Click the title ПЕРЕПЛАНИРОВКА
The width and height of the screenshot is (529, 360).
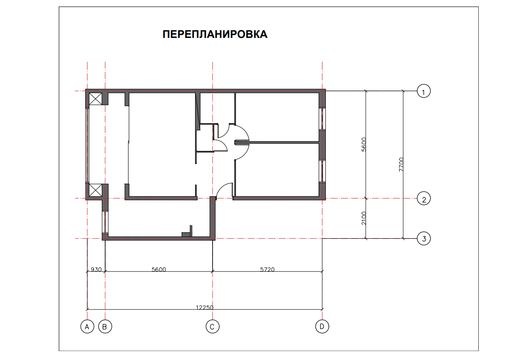click(215, 35)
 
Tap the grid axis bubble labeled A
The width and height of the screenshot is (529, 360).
click(87, 327)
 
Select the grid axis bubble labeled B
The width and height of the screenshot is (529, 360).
click(105, 327)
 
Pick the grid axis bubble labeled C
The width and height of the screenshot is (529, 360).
click(212, 327)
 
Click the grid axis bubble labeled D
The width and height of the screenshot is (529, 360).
click(322, 326)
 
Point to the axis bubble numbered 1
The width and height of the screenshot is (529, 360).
click(424, 91)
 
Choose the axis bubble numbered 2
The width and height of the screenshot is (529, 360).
click(424, 199)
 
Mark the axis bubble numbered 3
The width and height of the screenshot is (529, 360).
click(424, 239)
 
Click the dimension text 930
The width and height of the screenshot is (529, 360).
click(96, 270)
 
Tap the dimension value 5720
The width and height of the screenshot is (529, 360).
click(267, 270)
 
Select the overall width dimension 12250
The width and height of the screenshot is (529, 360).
click(205, 307)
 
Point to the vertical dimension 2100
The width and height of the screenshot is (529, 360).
click(364, 218)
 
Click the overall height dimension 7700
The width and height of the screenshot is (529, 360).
click(401, 164)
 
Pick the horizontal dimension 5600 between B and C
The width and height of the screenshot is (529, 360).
click(159, 270)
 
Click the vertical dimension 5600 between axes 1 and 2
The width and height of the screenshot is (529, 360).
click(364, 144)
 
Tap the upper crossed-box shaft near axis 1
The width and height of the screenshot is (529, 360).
click(95, 99)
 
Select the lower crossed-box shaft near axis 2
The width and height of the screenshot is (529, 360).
click(95, 190)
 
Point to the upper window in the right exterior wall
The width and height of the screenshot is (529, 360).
click(322, 119)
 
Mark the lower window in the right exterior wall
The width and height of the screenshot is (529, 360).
click(322, 171)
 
